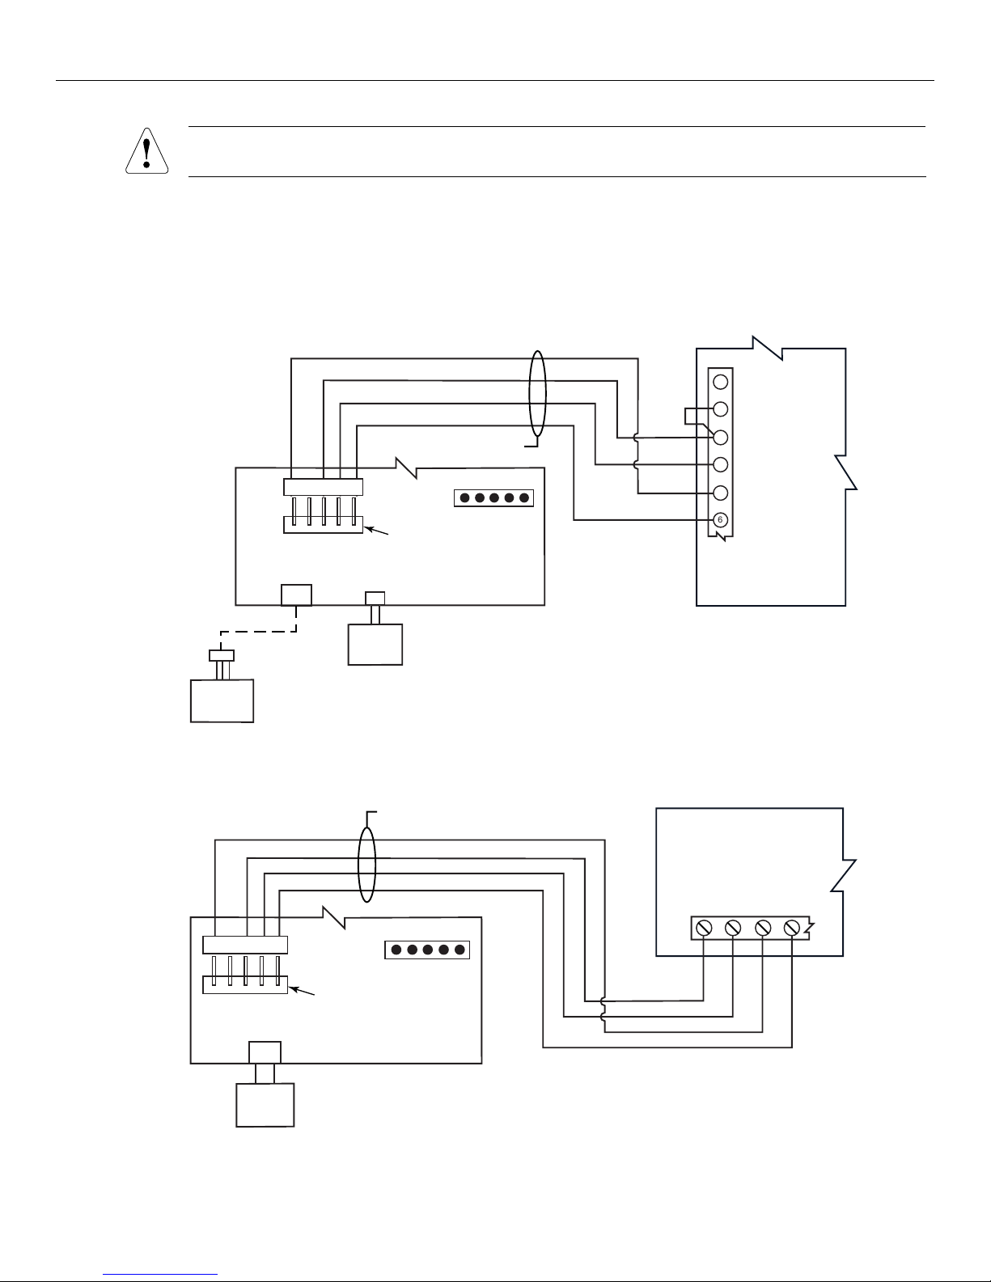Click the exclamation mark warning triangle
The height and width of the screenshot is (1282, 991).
(147, 151)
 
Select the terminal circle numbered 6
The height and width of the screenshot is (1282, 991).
(720, 520)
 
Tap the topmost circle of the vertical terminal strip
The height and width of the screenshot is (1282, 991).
(720, 382)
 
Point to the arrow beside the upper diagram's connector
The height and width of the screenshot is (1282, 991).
(376, 531)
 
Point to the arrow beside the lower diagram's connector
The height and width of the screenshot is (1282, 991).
(302, 991)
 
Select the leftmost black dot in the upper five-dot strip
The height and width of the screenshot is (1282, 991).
(465, 498)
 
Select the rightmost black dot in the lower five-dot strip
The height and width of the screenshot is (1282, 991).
(460, 950)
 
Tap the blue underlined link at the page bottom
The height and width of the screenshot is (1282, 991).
(160, 1272)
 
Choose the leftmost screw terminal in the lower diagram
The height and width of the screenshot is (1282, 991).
(703, 928)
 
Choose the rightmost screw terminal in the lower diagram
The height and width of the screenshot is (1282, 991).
(792, 928)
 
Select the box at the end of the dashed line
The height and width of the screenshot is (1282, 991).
(222, 701)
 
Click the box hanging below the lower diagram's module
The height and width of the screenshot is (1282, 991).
(265, 1105)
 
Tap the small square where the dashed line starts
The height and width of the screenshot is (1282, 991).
(296, 594)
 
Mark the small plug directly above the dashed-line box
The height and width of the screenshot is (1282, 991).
(222, 655)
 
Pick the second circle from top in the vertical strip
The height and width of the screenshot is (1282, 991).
(720, 408)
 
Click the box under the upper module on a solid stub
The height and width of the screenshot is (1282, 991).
(375, 645)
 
